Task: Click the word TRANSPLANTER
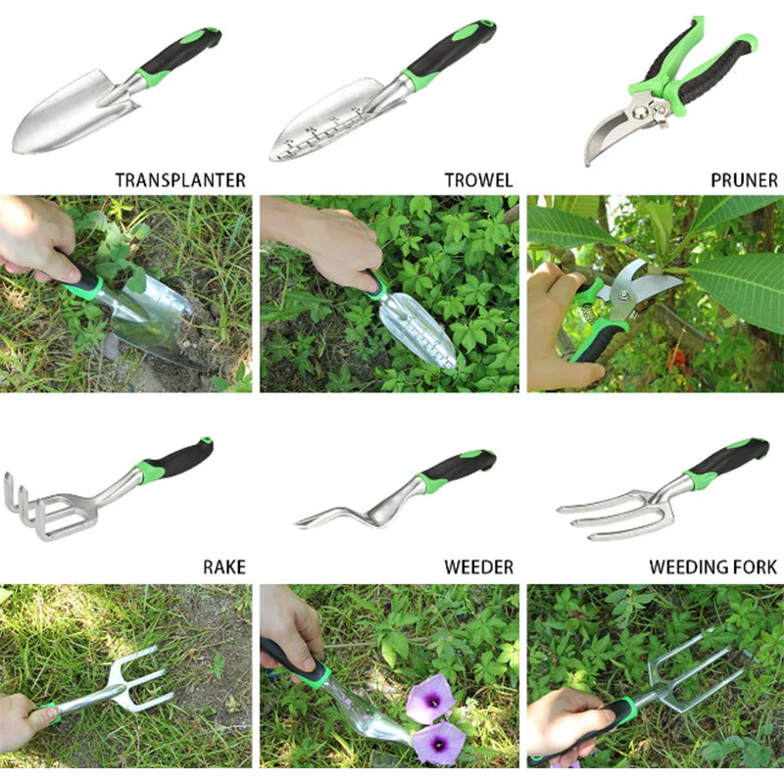click(180, 180)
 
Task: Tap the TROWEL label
click(478, 180)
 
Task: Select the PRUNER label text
click(744, 180)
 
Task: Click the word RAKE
click(224, 567)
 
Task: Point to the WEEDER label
click(478, 567)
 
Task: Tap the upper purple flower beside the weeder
click(430, 699)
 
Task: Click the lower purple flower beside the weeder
click(438, 743)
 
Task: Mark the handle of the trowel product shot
click(448, 54)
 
